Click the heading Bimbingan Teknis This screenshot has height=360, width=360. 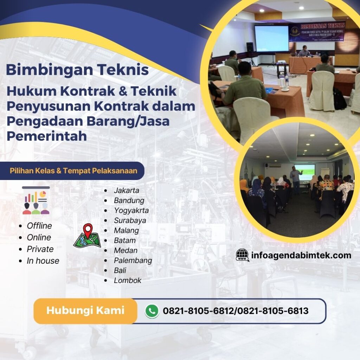77,70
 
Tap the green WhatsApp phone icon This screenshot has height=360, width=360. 152,311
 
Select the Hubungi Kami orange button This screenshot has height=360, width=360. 85,311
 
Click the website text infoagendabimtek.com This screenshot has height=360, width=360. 301,255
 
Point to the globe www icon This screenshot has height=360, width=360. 242,255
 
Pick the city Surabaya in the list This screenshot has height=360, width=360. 130,220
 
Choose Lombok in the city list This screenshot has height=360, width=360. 127,280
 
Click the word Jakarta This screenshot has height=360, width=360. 126,191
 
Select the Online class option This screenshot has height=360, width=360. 39,237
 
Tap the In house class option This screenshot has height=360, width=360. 43,261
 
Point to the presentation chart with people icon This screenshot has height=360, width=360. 36,201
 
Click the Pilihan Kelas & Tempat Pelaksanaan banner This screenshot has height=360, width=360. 73,171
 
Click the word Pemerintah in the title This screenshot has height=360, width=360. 46,136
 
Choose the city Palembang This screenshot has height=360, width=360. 133,261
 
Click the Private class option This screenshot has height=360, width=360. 40,249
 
